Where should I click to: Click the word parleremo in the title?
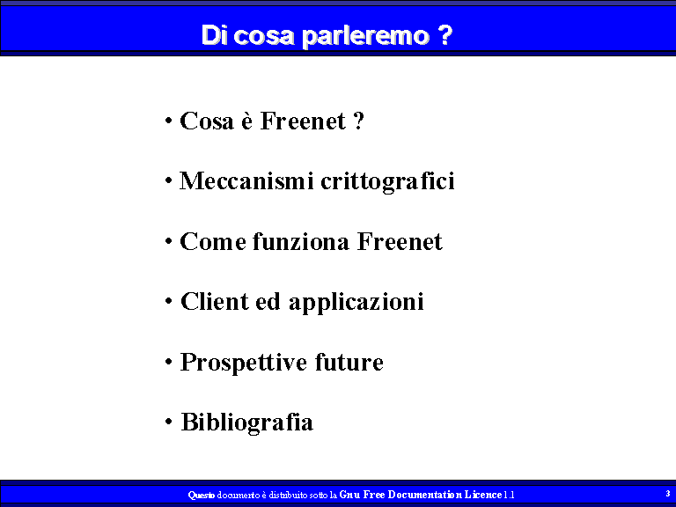(365, 36)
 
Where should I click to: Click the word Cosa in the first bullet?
(207, 121)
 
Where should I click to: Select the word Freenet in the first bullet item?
(303, 121)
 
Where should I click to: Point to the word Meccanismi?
(246, 180)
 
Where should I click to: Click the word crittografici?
(387, 181)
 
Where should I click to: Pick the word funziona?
(300, 241)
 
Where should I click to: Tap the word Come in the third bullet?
(212, 241)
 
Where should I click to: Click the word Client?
(214, 301)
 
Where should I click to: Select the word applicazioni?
(356, 303)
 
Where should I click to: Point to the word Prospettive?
(243, 363)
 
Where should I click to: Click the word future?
(349, 362)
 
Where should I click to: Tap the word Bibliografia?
(247, 422)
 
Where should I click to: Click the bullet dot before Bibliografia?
(169, 422)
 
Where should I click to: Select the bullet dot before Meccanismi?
(169, 180)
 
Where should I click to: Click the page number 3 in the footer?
(668, 494)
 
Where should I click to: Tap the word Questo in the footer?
(202, 495)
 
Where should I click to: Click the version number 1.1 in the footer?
(509, 495)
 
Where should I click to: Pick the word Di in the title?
(214, 35)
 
